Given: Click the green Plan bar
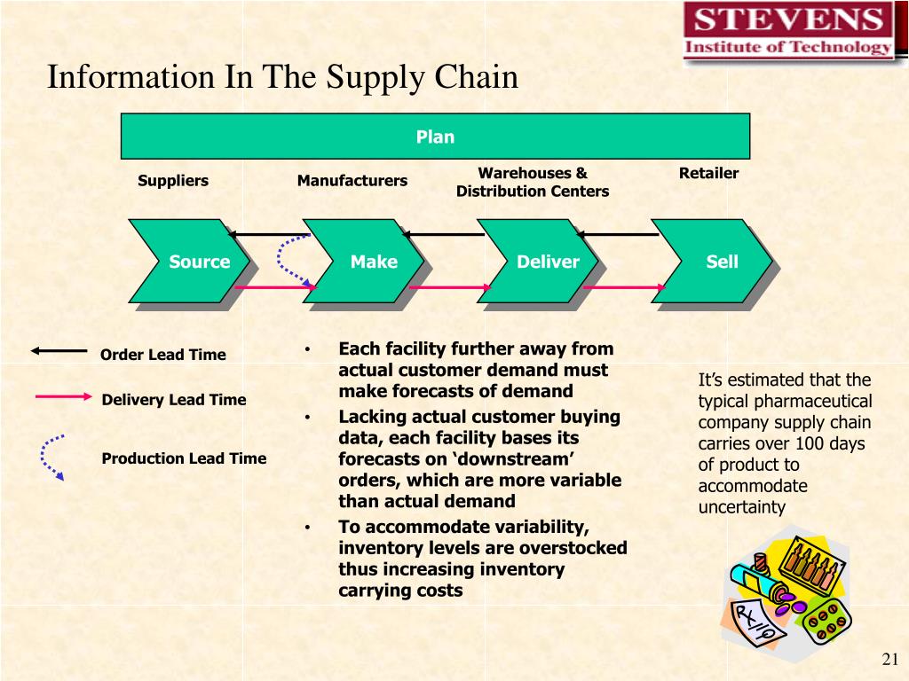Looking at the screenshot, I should pos(435,137).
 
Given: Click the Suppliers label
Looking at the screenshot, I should pos(173,181).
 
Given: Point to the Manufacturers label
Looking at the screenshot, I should pos(352,181).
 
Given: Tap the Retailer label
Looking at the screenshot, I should pos(708,173).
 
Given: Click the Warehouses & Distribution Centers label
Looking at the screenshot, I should pos(533,182).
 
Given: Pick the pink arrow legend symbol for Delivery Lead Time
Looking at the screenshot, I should pos(63,396).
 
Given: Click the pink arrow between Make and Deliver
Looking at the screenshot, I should pos(449,287).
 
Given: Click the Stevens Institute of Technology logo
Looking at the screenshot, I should pos(787,31).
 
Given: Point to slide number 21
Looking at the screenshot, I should pos(890,659).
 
